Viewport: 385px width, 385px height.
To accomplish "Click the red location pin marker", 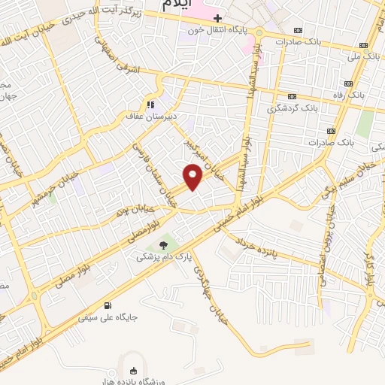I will tap(194, 176).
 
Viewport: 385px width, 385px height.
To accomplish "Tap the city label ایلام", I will tap(177, 4).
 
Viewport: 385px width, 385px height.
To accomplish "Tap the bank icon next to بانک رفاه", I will tap(348, 83).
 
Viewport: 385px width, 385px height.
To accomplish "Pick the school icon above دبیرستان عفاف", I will tap(151, 105).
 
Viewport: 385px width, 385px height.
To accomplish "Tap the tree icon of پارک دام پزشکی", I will tap(164, 245).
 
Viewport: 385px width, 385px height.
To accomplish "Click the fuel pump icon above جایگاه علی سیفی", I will tap(108, 306).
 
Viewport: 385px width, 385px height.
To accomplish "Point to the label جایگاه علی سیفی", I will tap(108, 317).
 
